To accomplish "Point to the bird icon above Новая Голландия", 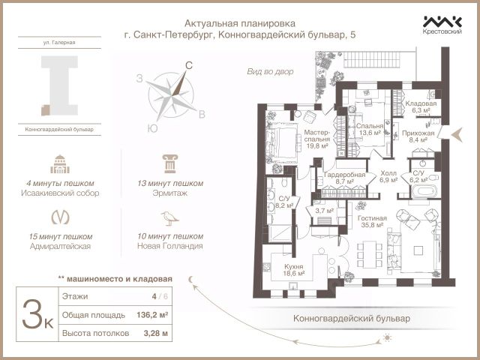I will click(x=170, y=217).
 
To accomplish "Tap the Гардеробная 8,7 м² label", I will click(x=345, y=178).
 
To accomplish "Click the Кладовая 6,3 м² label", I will click(x=417, y=106).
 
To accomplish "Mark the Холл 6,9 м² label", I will click(x=388, y=176).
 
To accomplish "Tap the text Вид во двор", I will click(x=270, y=71).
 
